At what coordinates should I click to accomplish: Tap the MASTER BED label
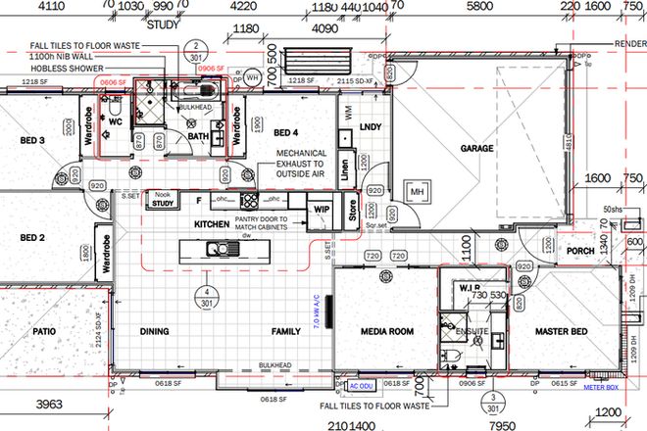pyautogui.click(x=561, y=333)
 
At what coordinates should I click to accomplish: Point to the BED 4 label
pyautogui.click(x=285, y=133)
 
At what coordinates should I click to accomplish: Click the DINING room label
pyautogui.click(x=155, y=333)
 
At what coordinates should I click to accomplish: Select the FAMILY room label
pyautogui.click(x=285, y=333)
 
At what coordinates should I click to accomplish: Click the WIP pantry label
pyautogui.click(x=321, y=210)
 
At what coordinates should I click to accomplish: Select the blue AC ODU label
pyautogui.click(x=349, y=385)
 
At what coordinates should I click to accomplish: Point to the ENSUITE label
pyautogui.click(x=474, y=333)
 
